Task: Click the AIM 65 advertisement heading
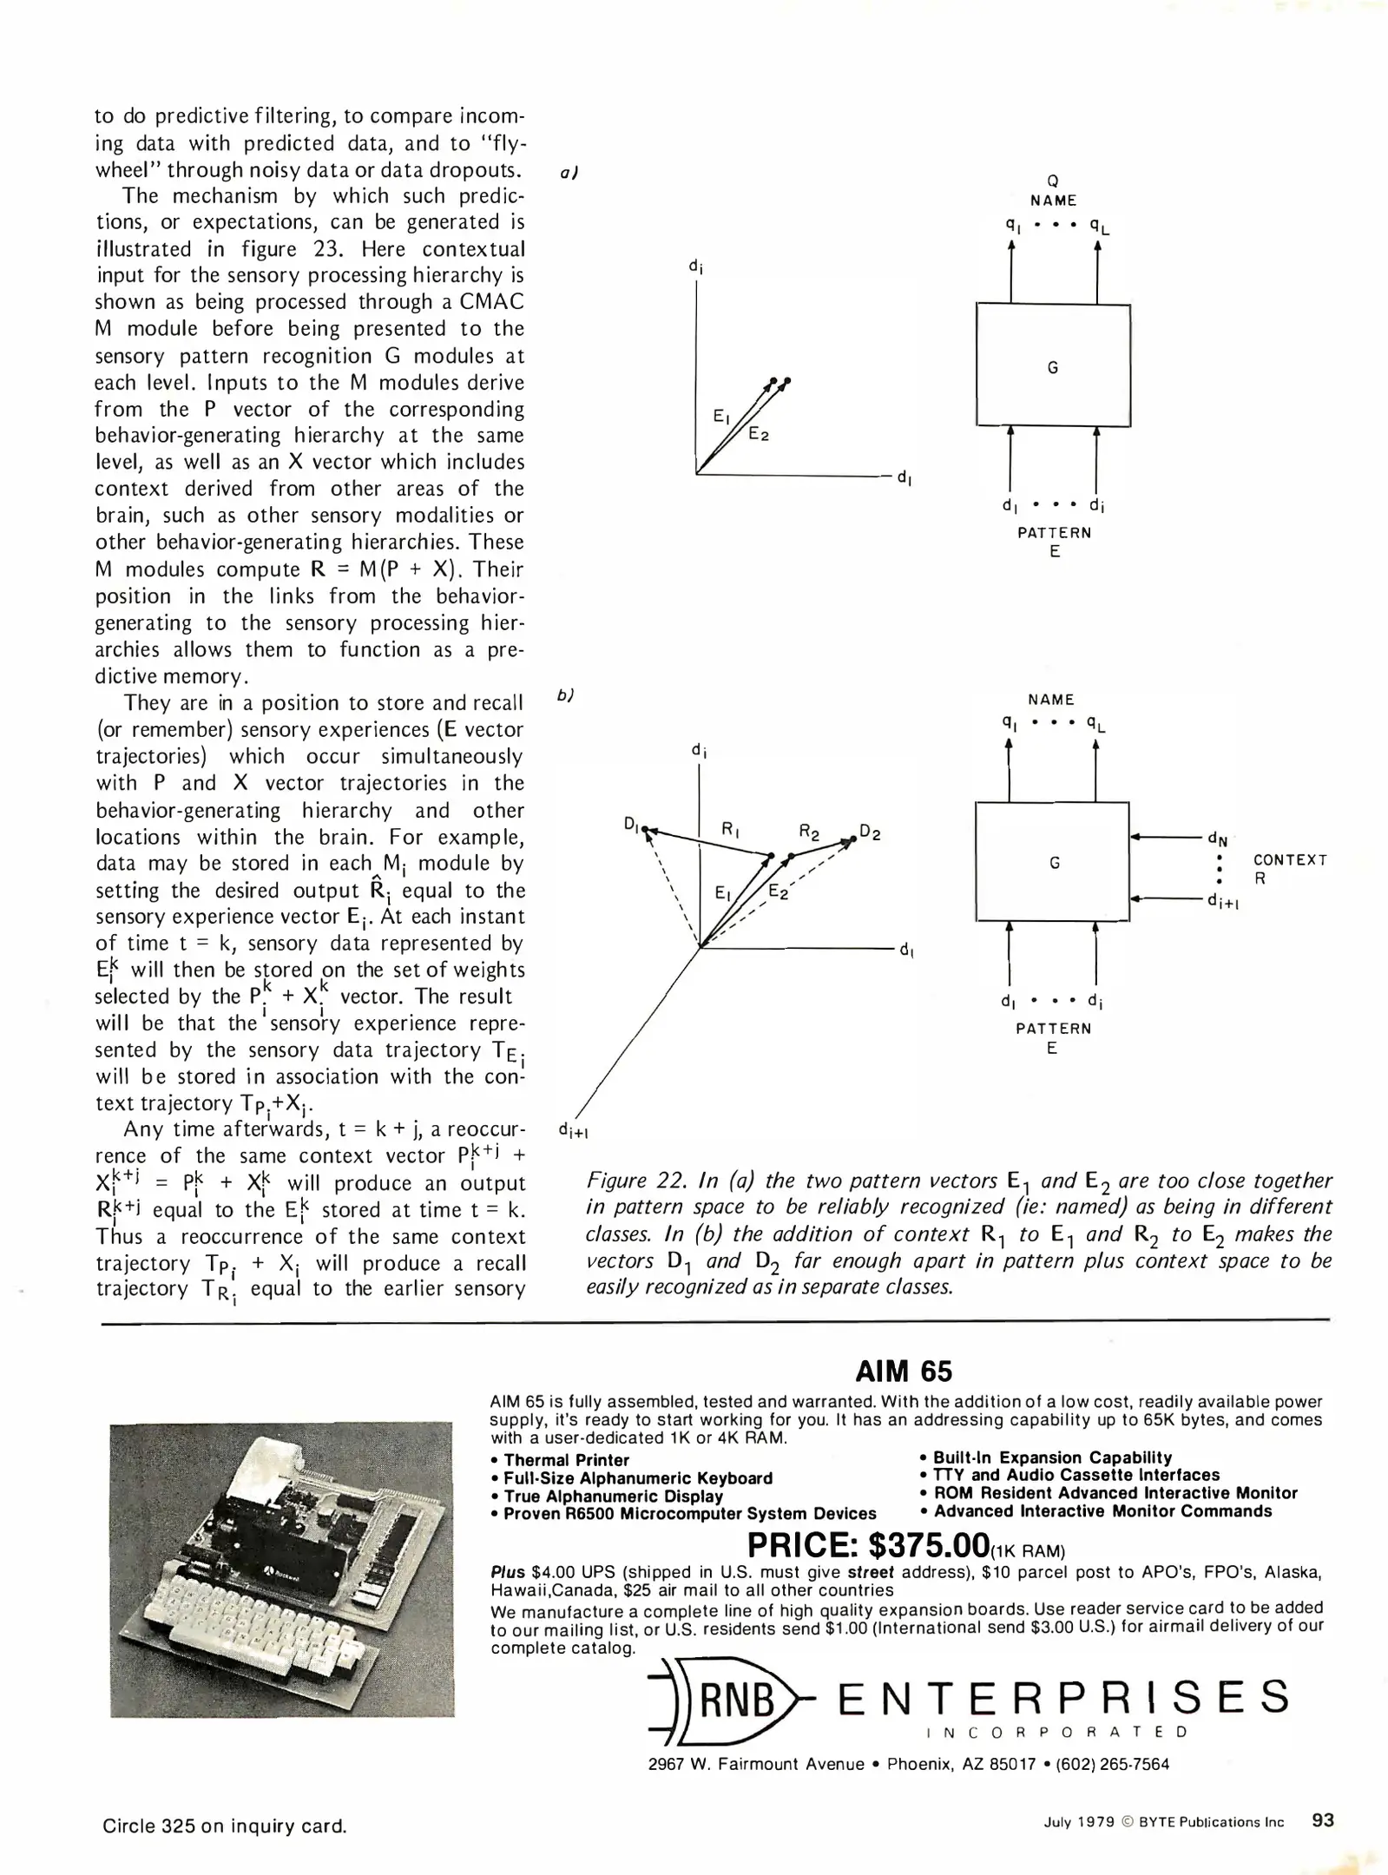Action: point(903,1371)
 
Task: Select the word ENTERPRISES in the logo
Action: point(1062,1697)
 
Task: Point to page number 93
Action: point(1323,1820)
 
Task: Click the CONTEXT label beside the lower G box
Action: point(1290,859)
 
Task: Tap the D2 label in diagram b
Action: point(870,832)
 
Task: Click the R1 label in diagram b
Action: point(730,829)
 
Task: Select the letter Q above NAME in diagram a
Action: point(1053,181)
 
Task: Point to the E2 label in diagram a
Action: point(759,434)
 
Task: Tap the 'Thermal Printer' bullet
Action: point(566,1460)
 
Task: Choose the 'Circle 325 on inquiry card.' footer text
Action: point(224,1826)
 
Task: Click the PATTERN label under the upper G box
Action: point(1054,532)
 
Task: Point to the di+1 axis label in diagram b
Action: point(574,1129)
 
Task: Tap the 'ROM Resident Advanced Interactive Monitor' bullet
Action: point(1115,1493)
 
